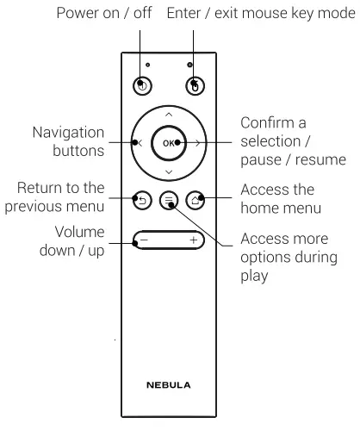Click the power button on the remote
[143, 86]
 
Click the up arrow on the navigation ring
[169, 115]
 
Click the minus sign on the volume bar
[145, 239]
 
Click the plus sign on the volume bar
[193, 239]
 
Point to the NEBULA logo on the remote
[169, 384]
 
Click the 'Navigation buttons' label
[69, 141]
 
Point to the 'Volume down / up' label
[73, 241]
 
